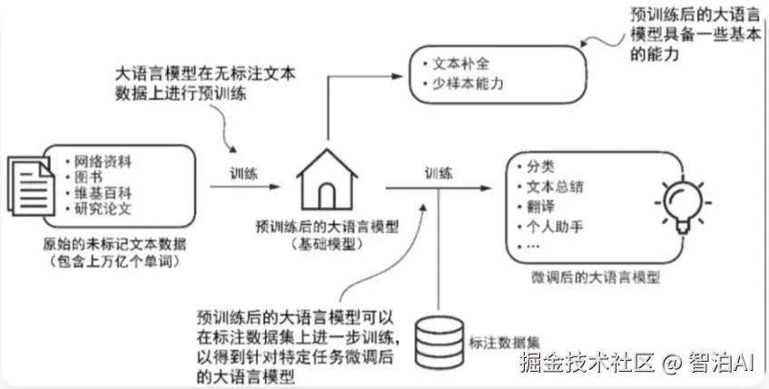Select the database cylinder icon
439,341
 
